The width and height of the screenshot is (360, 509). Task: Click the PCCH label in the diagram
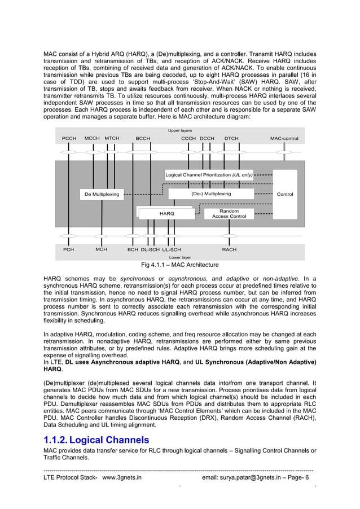coord(69,138)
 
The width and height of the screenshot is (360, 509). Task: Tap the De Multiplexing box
coord(102,194)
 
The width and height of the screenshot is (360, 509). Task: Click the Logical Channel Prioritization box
coord(209,175)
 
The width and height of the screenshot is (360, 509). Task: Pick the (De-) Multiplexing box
coord(211,194)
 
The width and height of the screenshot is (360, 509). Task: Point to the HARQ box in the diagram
coord(166,213)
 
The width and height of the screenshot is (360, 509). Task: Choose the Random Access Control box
coord(229,213)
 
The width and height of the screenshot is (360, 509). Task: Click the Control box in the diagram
coord(285,194)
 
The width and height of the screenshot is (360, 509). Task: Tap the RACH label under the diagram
coord(229,249)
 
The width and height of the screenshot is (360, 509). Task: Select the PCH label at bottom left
coord(68,249)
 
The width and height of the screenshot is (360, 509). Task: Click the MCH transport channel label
coord(102,249)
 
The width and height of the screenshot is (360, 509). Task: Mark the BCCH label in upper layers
coord(143,138)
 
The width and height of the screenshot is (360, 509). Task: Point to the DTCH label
coord(231,138)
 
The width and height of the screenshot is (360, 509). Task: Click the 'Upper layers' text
coord(180,130)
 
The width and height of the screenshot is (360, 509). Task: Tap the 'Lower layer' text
coord(180,257)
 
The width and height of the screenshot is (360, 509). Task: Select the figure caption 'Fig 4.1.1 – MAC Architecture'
coord(180,265)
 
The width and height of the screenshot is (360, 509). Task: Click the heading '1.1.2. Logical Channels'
coord(96,440)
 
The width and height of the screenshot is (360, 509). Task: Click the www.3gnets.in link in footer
coord(121,477)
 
